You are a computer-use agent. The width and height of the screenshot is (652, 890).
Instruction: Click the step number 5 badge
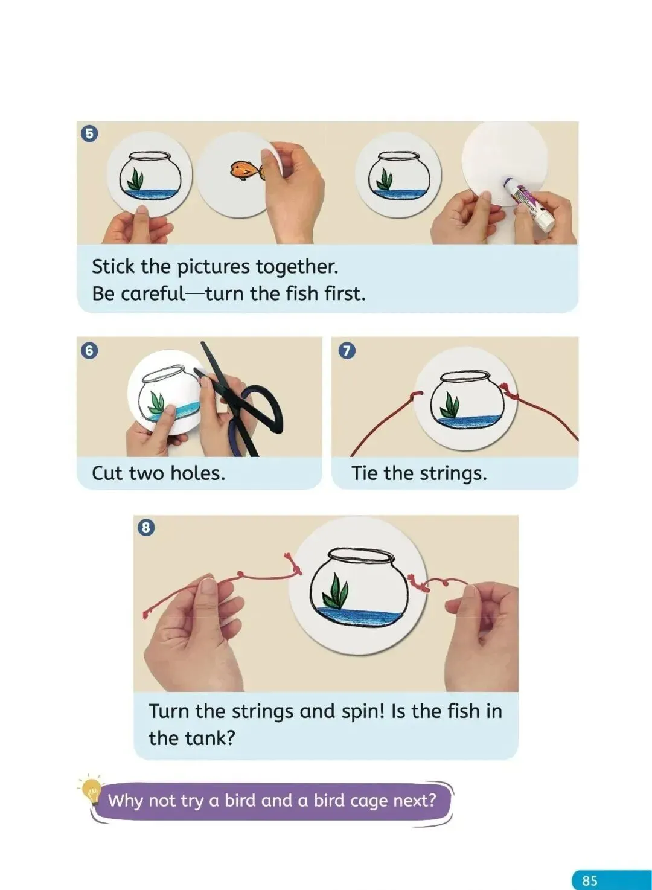click(89, 134)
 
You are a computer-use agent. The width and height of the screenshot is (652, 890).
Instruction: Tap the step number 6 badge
click(89, 351)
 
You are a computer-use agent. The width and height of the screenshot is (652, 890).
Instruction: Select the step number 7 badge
click(347, 351)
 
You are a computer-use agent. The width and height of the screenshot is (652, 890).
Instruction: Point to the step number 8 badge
click(146, 528)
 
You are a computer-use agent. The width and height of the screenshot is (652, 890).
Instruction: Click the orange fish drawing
click(247, 170)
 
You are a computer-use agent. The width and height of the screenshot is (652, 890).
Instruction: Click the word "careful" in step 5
click(152, 294)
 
